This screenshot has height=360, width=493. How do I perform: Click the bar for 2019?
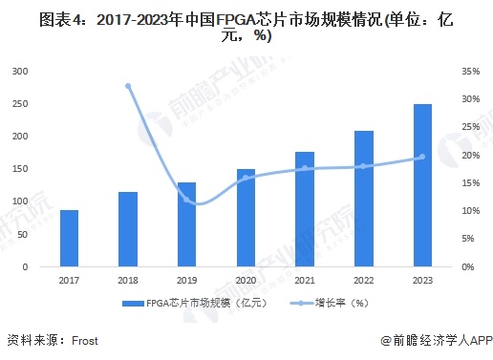(x=187, y=224)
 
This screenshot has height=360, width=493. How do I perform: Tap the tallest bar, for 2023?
(x=422, y=185)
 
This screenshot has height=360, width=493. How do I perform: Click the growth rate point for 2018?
(x=128, y=86)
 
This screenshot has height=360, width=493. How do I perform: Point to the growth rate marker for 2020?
(x=246, y=178)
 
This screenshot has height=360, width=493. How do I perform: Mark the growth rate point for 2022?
(x=364, y=166)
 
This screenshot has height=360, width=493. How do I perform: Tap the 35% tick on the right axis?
(x=469, y=72)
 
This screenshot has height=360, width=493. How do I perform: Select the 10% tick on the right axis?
(x=469, y=211)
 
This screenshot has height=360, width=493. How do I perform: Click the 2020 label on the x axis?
(x=246, y=281)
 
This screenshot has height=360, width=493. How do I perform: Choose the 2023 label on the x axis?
(x=422, y=281)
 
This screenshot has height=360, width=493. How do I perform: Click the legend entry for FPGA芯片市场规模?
(x=190, y=303)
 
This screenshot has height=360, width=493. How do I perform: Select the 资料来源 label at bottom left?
(x=29, y=340)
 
